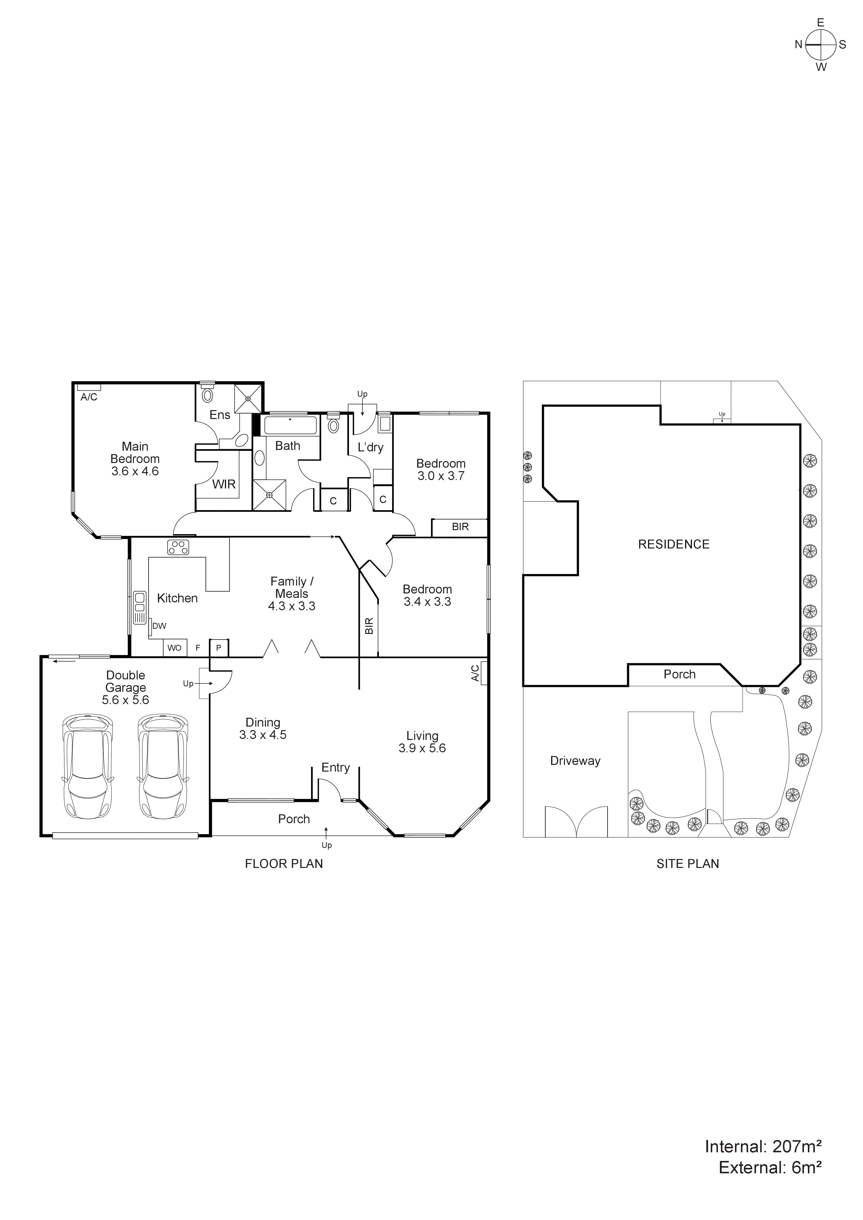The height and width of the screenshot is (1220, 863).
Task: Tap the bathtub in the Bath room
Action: pyautogui.click(x=290, y=426)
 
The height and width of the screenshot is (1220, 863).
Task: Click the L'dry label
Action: pyautogui.click(x=370, y=447)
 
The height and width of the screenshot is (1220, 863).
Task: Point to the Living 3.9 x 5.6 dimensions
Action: pyautogui.click(x=422, y=748)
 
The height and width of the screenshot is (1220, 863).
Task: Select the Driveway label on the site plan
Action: pyautogui.click(x=575, y=761)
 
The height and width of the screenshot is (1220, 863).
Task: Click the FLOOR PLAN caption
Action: pyautogui.click(x=284, y=864)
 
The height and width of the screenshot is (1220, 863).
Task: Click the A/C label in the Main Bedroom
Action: pyautogui.click(x=89, y=397)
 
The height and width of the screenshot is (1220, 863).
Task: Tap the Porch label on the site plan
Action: pyautogui.click(x=679, y=674)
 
